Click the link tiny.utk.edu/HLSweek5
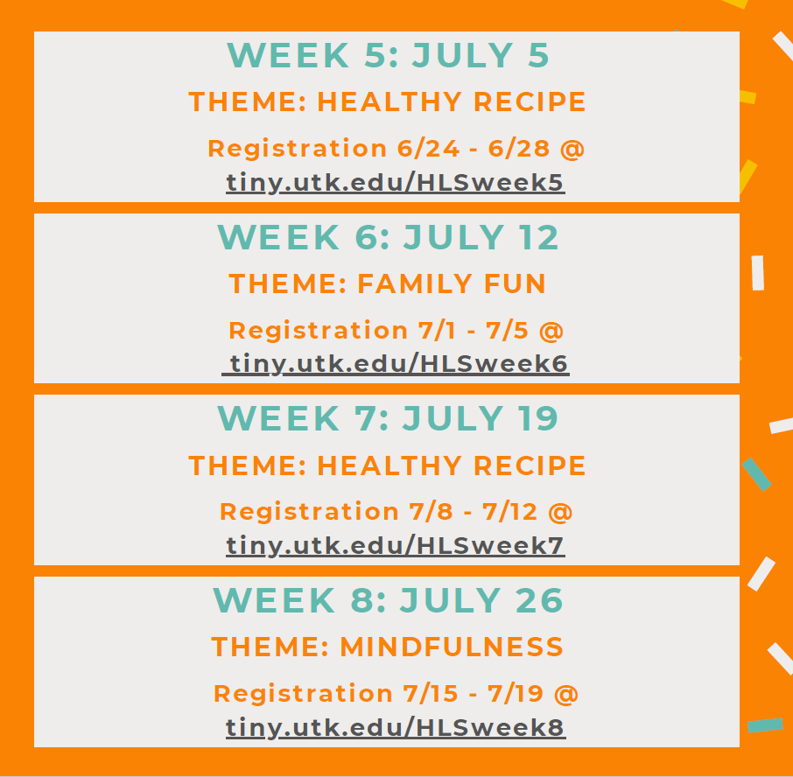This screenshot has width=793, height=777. pos(395,183)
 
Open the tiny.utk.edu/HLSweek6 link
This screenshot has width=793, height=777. pos(396,364)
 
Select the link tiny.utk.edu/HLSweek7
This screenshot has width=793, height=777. pos(395,545)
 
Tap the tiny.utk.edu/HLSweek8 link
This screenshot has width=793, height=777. pos(396,727)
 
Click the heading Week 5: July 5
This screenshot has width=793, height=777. pos(388,55)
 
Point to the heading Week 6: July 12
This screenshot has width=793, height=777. pos(388,237)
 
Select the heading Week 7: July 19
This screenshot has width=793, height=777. pos(388,418)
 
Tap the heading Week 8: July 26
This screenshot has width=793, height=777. pos(388,600)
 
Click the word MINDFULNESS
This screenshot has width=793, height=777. pos(452,647)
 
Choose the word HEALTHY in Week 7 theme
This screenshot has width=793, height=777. pos(389,465)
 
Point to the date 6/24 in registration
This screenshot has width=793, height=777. pos(428,149)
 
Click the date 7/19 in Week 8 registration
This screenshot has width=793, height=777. pos(516,694)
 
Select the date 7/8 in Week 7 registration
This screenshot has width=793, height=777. pos(431,512)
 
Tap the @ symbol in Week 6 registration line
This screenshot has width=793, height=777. pos(551,331)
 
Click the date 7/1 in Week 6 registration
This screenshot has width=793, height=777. pos(437,331)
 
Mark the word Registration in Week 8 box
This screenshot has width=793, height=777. pos(303,695)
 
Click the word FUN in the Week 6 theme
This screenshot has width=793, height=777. pos(515,283)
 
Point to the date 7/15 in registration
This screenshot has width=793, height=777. pos(431,694)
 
